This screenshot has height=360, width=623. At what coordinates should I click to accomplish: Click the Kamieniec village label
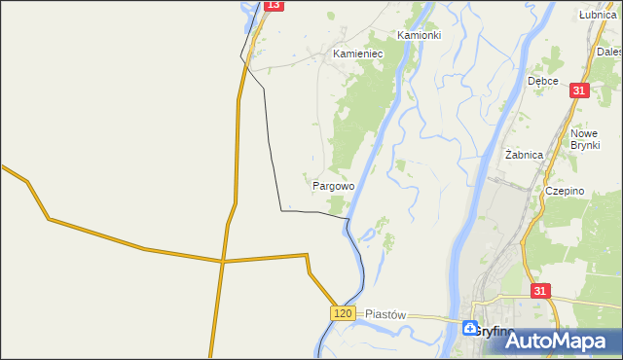[357, 54]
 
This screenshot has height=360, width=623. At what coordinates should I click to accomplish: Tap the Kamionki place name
[419, 35]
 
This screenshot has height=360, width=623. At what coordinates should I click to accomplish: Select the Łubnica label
[597, 15]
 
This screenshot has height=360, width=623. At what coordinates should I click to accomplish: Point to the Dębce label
[542, 81]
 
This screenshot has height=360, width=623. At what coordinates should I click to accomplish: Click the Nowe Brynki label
[584, 141]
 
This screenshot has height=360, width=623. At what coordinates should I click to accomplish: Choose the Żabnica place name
[524, 155]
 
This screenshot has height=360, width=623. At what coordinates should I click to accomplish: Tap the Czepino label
[565, 192]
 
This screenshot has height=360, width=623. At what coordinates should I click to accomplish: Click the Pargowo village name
[333, 185]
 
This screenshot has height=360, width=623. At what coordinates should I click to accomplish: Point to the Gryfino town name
[496, 332]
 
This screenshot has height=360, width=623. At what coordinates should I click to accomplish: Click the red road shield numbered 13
[274, 6]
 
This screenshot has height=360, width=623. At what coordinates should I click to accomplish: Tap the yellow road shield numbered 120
[341, 313]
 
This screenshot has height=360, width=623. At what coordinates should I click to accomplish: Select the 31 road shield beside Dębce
[579, 90]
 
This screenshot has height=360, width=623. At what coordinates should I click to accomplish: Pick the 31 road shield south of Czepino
[542, 291]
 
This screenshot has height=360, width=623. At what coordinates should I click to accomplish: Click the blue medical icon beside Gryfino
[470, 329]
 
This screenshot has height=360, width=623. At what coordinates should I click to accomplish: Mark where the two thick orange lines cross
[223, 261]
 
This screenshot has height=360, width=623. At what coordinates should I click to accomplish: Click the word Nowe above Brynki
[584, 134]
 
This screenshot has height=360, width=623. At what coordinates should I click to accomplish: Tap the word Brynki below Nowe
[584, 148]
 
